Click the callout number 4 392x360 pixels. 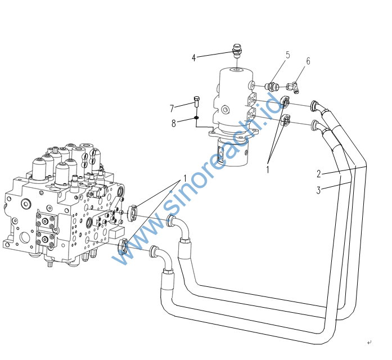(193, 57)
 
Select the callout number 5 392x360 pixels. (287, 55)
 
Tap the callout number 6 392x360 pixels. (308, 61)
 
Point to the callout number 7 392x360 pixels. (172, 107)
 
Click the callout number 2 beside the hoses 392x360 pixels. (318, 173)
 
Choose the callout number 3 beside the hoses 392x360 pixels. (318, 190)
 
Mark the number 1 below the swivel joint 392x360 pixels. (268, 168)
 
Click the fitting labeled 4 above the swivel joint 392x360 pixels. (237, 51)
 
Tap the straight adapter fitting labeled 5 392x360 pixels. (273, 87)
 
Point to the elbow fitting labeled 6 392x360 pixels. (293, 87)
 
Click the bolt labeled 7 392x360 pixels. (196, 102)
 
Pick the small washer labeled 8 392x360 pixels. (196, 118)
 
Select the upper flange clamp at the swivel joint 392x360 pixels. (285, 102)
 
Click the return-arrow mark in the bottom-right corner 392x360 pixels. (369, 342)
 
